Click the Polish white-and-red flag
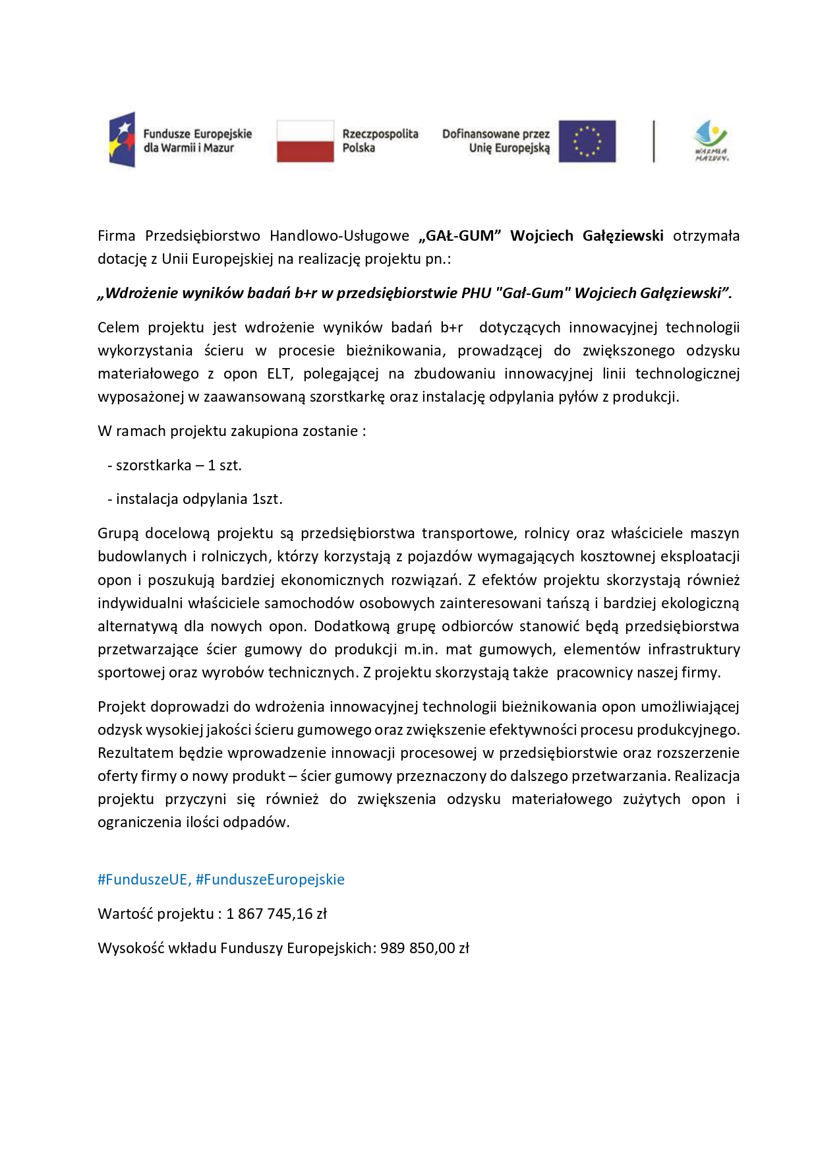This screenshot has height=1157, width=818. point(305,141)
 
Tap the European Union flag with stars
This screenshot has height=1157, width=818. point(587,141)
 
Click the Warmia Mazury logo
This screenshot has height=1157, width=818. point(711,141)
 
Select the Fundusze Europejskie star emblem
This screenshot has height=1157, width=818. point(123,140)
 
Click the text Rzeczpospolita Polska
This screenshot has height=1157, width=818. point(380,141)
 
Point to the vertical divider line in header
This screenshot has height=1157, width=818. point(654,141)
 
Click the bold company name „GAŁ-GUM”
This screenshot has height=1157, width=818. point(460,236)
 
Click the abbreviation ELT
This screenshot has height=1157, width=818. point(279,374)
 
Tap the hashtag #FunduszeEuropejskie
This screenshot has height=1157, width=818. point(270,880)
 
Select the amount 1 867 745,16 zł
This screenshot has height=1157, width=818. point(276,914)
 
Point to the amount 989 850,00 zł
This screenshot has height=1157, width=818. point(424,949)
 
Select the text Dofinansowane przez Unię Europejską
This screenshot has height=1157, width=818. point(496,141)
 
